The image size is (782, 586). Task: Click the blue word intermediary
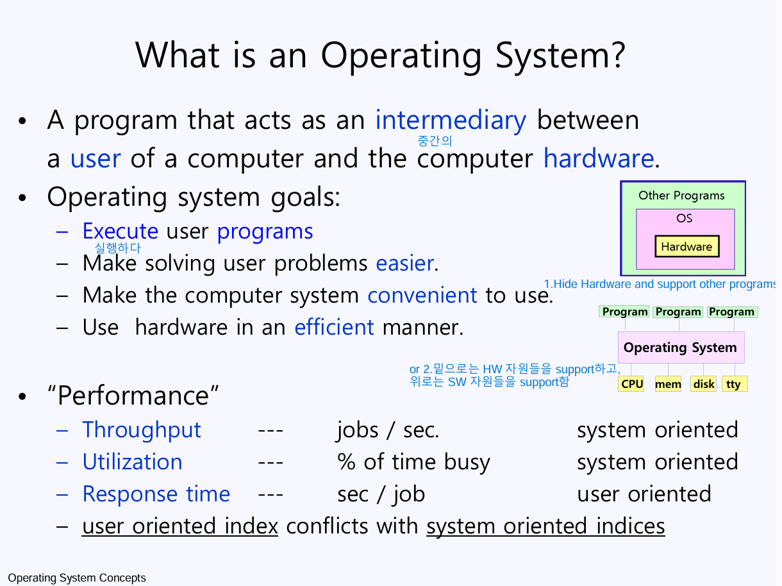pyautogui.click(x=451, y=120)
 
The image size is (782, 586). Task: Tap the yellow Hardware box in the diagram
pyautogui.click(x=687, y=246)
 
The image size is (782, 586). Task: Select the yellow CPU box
pyautogui.click(x=631, y=383)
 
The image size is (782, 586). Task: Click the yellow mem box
pyautogui.click(x=668, y=383)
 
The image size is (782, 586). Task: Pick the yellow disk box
pyautogui.click(x=703, y=383)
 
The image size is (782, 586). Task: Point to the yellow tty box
pyautogui.click(x=735, y=383)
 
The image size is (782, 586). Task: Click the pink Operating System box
pyautogui.click(x=681, y=347)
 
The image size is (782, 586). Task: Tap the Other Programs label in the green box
pyautogui.click(x=681, y=196)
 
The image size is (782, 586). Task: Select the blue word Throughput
pyautogui.click(x=142, y=430)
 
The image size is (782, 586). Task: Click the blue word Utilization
pyautogui.click(x=132, y=462)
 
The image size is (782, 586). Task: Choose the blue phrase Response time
pyautogui.click(x=156, y=494)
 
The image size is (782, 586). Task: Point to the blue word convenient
pyautogui.click(x=422, y=295)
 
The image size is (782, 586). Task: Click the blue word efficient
pyautogui.click(x=334, y=327)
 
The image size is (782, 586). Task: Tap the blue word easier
pyautogui.click(x=406, y=264)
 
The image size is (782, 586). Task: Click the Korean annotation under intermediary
pyautogui.click(x=435, y=141)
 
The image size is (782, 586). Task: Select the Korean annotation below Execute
pyautogui.click(x=117, y=248)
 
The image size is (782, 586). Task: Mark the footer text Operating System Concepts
pyautogui.click(x=76, y=578)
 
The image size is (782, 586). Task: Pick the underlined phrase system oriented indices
pyautogui.click(x=545, y=526)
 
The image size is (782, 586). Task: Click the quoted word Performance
pyautogui.click(x=133, y=396)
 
